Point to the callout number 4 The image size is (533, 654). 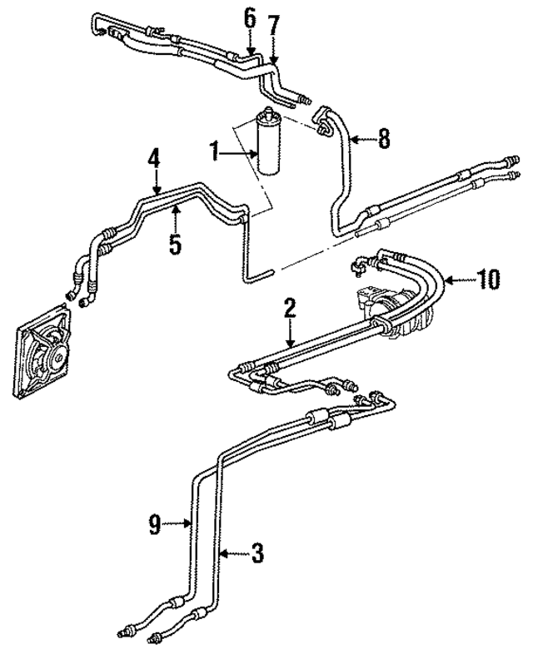click(153, 159)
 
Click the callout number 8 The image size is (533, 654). click(383, 139)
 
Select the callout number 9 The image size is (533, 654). click(154, 523)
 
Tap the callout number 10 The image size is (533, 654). click(490, 279)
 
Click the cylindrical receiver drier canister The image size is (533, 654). click(271, 139)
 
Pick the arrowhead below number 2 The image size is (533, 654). click(290, 344)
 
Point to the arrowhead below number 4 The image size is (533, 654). click(155, 193)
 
